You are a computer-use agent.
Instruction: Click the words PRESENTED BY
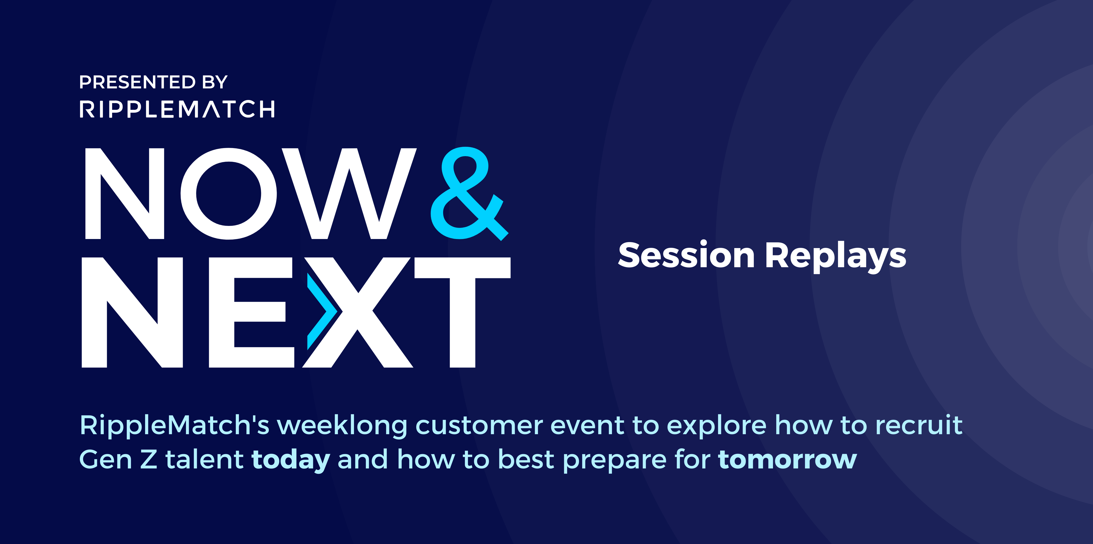pos(153,82)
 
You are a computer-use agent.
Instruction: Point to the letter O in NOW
pos(229,193)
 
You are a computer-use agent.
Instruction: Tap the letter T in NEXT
pos(463,312)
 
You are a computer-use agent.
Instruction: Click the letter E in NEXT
pos(251,312)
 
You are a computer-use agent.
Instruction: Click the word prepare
pos(615,461)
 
